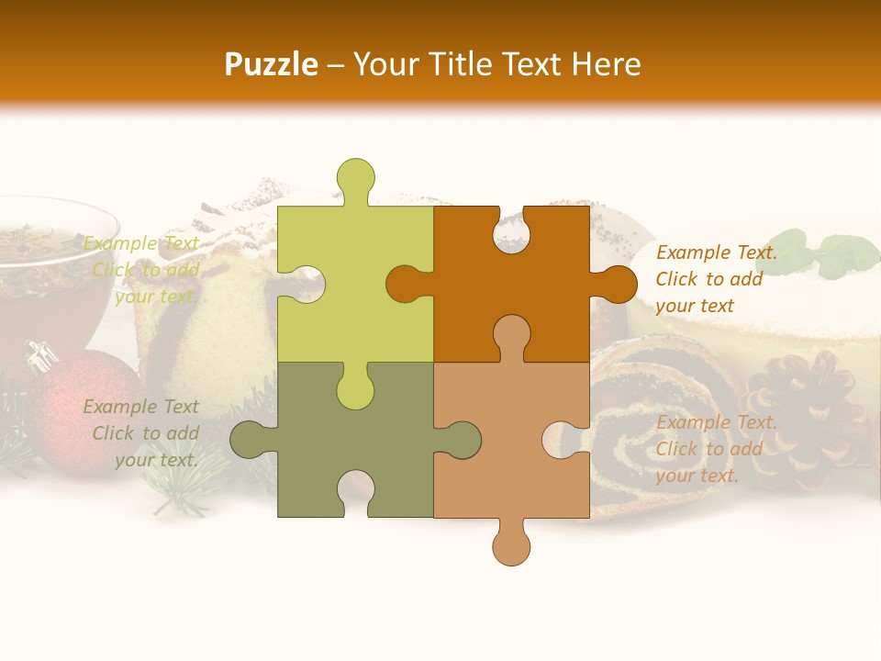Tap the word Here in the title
pyautogui.click(x=606, y=64)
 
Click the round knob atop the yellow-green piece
pyautogui.click(x=355, y=176)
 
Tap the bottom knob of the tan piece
pyautogui.click(x=511, y=545)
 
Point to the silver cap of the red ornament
pyautogui.click(x=40, y=356)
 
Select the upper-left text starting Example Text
pyautogui.click(x=143, y=270)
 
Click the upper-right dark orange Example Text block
pyautogui.click(x=716, y=279)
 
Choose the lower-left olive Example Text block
pyautogui.click(x=143, y=433)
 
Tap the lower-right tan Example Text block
pyautogui.click(x=716, y=449)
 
